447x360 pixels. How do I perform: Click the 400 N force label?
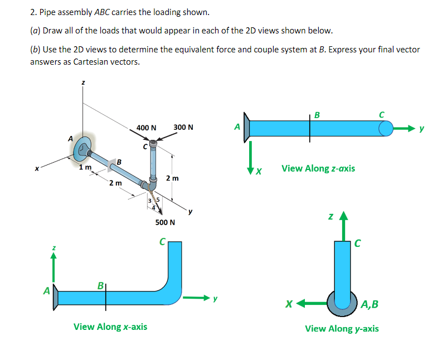point(146,128)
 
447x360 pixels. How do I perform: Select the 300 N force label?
point(183,127)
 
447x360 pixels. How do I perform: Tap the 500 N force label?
point(165,222)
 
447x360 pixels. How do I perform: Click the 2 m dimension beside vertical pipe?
point(173,178)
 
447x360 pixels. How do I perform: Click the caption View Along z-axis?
point(318,168)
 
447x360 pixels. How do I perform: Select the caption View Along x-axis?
point(110,326)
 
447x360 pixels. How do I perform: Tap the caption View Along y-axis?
point(341,328)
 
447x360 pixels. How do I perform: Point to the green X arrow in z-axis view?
point(251,153)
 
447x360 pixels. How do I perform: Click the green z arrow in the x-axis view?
point(54,264)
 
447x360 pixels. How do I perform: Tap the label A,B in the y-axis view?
point(370,304)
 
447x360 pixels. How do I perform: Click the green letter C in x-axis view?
point(162,241)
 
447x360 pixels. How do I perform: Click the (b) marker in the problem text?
point(35,49)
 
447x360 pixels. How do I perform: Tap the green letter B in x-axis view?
point(100,285)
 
